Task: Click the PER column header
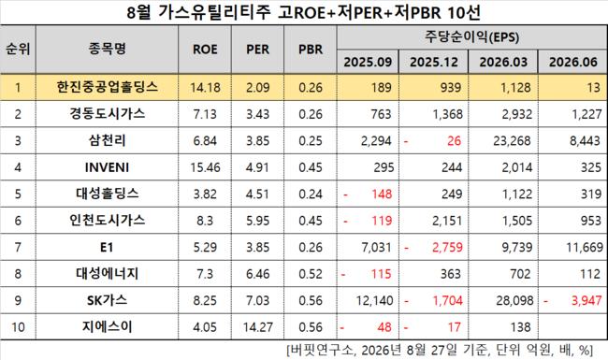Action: tap(257, 50)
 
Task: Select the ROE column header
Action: tap(205, 50)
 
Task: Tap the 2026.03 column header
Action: tap(503, 62)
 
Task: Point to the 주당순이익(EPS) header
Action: tap(471, 37)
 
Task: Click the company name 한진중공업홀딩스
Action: tap(107, 87)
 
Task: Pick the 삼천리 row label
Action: tap(107, 140)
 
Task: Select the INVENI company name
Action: tap(107, 167)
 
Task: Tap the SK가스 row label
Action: tap(107, 300)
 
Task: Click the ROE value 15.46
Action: tap(205, 167)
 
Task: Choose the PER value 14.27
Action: tap(258, 327)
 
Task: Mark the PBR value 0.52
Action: tap(311, 274)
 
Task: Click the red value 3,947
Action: tap(586, 300)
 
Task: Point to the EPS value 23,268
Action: tap(512, 140)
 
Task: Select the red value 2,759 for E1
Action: tap(447, 247)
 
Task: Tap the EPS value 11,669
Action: tap(585, 247)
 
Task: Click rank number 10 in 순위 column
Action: tap(18, 327)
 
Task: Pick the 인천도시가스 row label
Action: tap(107, 220)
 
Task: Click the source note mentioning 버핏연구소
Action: tap(440, 351)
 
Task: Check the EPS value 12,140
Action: tap(374, 300)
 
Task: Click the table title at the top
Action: tap(304, 12)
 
